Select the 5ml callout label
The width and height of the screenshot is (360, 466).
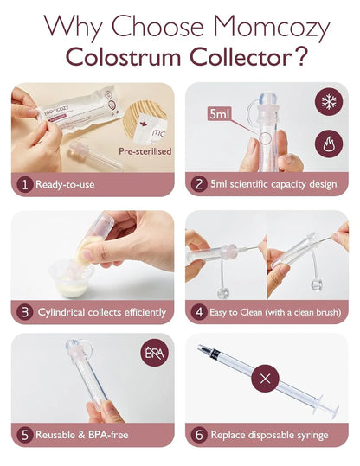coord(219,113)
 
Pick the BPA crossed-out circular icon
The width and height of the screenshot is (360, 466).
coord(155,354)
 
